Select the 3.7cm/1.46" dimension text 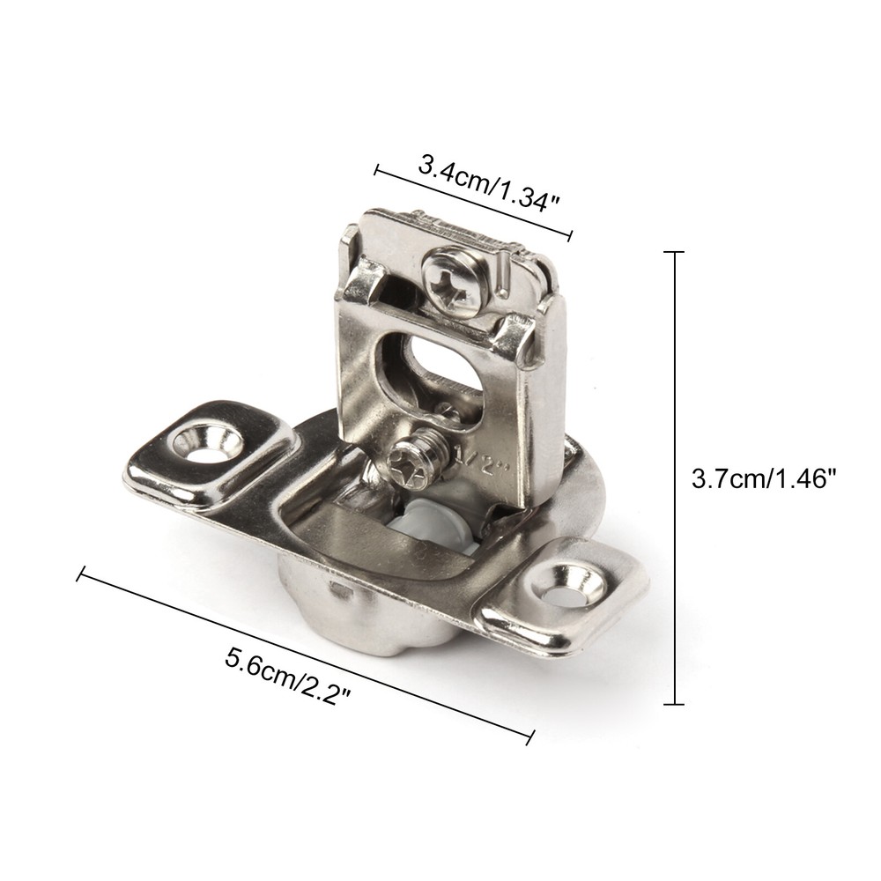click(764, 480)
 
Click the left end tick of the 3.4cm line click(378, 169)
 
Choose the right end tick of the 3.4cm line click(572, 235)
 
